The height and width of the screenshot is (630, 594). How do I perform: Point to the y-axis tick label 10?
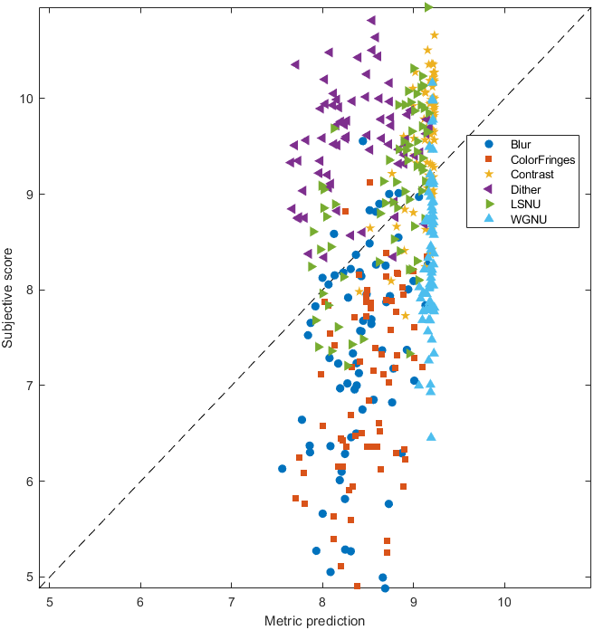point(27,98)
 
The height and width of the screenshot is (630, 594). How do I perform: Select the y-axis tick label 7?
point(31,386)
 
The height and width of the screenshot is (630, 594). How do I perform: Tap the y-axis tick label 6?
point(31,482)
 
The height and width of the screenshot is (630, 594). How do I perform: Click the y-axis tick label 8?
point(31,290)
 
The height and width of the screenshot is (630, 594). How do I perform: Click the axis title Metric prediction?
point(314,621)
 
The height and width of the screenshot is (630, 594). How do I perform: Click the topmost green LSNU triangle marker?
point(429,6)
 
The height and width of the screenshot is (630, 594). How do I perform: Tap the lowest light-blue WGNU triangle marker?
point(431,436)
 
